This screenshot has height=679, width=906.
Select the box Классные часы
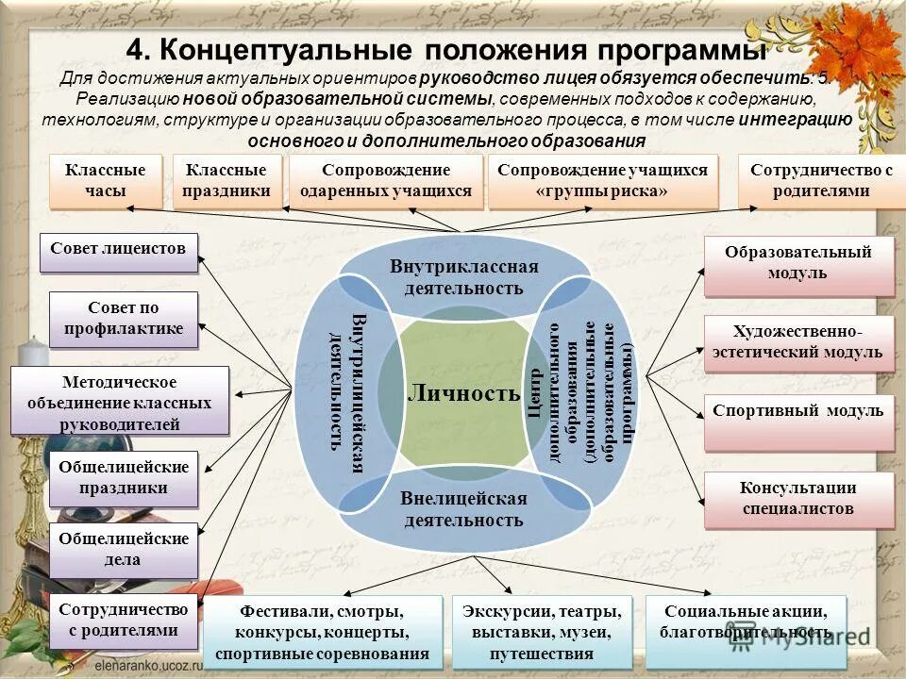tap(105, 180)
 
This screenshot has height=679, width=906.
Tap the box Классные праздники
tap(226, 180)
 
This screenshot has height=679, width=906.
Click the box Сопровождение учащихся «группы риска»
tap(602, 180)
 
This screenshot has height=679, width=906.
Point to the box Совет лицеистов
tap(118, 250)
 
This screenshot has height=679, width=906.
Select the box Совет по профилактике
tap(123, 319)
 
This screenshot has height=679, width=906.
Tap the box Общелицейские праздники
tap(124, 477)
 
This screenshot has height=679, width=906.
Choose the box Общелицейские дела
tap(124, 549)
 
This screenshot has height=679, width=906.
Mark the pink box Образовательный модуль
tap(797, 263)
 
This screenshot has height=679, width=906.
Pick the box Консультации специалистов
tap(797, 498)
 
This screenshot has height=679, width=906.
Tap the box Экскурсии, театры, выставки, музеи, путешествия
tap(542, 632)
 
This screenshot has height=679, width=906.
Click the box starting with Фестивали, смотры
tap(322, 632)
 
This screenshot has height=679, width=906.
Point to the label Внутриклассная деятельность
tap(463, 277)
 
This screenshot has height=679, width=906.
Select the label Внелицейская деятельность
tap(463, 508)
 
